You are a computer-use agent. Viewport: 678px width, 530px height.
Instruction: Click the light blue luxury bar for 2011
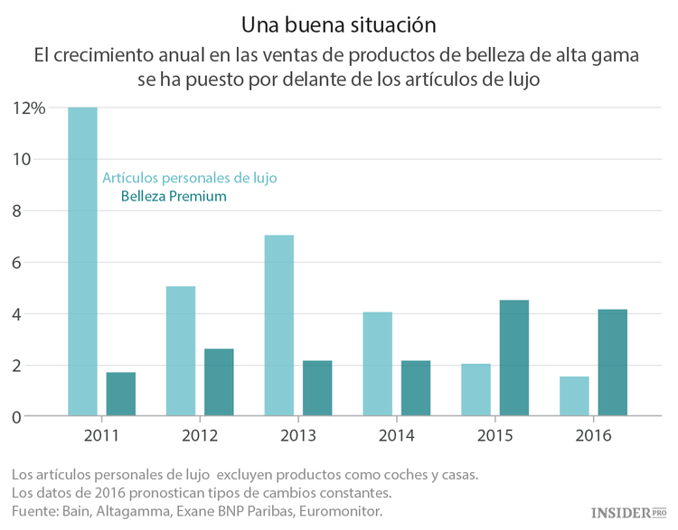point(82,262)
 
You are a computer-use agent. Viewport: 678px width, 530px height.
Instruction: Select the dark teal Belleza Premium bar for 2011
point(121,395)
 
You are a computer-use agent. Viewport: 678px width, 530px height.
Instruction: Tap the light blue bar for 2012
point(181,351)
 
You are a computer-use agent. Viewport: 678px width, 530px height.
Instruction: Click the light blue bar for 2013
point(278,326)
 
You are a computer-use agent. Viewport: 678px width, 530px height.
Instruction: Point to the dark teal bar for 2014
point(416,388)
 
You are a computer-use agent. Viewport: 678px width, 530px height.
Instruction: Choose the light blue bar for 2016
point(574,396)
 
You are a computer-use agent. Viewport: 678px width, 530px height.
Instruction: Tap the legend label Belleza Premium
point(174,196)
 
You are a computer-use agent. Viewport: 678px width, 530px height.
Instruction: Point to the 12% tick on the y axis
point(29,108)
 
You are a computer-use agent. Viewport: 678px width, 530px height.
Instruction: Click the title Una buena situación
point(338,21)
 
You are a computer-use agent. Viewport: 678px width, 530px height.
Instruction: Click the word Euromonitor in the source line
point(336,512)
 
